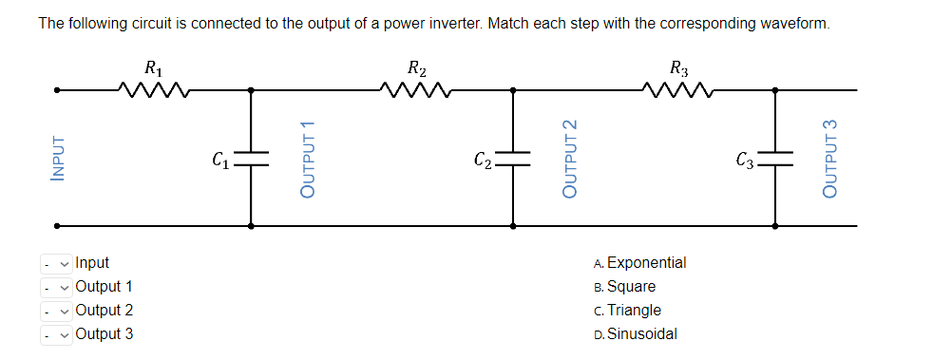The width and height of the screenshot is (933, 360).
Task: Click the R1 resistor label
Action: point(152,68)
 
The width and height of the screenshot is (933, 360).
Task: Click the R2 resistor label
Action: point(415,68)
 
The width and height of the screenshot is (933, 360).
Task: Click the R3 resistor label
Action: point(678,68)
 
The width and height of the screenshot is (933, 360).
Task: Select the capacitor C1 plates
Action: point(251,159)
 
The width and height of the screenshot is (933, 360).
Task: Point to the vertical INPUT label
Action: point(59,158)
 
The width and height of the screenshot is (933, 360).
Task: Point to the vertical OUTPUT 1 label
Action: point(306,159)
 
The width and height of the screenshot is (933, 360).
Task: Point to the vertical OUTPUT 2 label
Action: point(569,159)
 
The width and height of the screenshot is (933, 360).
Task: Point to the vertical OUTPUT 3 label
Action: point(831,159)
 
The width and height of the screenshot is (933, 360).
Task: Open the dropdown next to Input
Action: point(55,263)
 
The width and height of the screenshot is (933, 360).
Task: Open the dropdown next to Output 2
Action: point(55,311)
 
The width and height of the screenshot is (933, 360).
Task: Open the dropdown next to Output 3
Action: point(55,334)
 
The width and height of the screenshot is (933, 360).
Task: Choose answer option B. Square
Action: point(623,287)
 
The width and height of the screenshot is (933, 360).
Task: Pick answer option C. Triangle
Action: point(626,311)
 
